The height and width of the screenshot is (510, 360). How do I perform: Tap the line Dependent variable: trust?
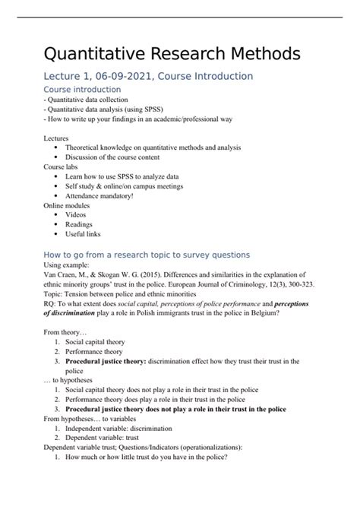(112, 439)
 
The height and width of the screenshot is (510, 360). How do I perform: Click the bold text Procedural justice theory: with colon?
(115, 362)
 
